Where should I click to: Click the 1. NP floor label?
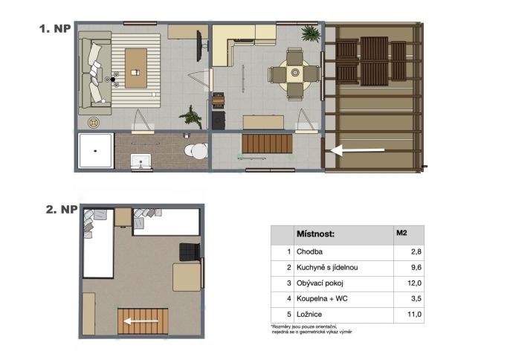click(55, 29)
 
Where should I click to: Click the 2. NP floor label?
click(62, 209)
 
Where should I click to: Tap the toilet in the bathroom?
click(196, 151)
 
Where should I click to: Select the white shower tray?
click(96, 150)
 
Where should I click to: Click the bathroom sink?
click(141, 161)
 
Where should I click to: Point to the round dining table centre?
click(295, 72)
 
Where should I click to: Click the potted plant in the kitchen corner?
click(310, 33)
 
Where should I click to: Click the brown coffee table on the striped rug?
click(135, 68)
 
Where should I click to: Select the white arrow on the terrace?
click(357, 150)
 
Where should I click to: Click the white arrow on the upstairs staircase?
click(141, 321)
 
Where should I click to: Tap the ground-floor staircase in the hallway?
click(267, 144)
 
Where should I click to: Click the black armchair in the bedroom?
click(190, 252)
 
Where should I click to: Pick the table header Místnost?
click(315, 234)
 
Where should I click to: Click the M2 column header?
click(401, 233)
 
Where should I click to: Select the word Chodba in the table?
click(309, 251)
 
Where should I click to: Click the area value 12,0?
click(414, 283)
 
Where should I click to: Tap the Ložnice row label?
click(309, 315)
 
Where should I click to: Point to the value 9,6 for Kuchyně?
click(416, 268)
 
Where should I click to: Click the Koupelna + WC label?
click(322, 298)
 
